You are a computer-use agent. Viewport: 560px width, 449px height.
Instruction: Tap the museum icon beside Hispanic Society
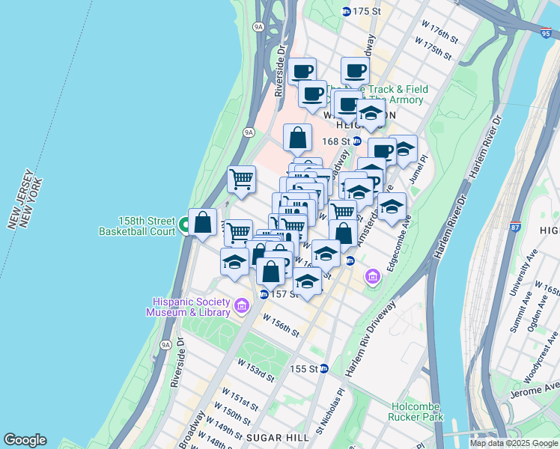point(241,305)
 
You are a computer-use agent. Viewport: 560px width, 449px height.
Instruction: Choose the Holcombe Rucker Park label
point(416,412)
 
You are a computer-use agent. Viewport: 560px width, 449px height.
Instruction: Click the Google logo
point(25,440)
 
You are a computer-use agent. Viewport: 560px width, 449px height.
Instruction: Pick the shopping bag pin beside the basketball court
point(202,222)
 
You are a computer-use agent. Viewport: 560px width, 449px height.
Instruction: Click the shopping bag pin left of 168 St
point(297,138)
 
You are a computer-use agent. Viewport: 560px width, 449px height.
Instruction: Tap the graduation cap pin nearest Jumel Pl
point(404,149)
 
